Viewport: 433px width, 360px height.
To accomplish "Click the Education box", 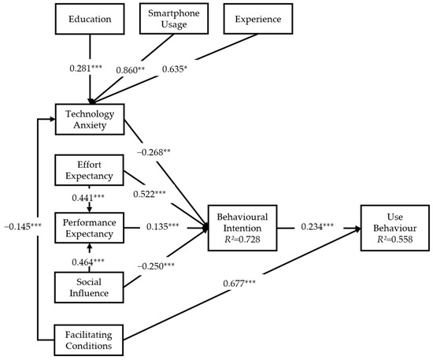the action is tap(90, 19).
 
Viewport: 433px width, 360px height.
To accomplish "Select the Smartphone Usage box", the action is tap(174, 19).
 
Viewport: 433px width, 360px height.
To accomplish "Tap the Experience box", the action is tap(258, 19).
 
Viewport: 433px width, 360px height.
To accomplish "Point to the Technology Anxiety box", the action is tap(90, 120).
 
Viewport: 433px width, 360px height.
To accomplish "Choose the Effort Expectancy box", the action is tap(89, 170).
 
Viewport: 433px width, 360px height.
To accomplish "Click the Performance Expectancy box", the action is tap(89, 228).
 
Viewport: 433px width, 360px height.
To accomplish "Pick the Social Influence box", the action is tap(89, 288).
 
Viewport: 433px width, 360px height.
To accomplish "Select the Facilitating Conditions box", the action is tap(89, 340).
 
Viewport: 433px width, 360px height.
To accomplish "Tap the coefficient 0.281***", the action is tap(86, 68).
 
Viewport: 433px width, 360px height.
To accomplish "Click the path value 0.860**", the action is tap(131, 70).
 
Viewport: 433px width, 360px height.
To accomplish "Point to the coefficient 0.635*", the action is tap(175, 69).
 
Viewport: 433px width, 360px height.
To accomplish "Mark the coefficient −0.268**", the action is tap(154, 152).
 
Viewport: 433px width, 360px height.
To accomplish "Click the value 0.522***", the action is tap(150, 195).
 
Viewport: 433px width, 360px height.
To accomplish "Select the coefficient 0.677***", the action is tap(239, 284).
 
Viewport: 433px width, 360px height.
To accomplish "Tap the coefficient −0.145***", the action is tap(23, 227).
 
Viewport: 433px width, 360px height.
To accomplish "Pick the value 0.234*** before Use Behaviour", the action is tap(317, 227).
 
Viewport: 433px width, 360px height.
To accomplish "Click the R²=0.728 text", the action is tap(242, 239).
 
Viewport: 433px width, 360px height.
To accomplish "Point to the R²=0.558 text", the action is tap(395, 239).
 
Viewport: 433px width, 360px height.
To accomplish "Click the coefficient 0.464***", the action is tap(88, 262).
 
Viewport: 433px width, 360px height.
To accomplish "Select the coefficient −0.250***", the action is tap(156, 266).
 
